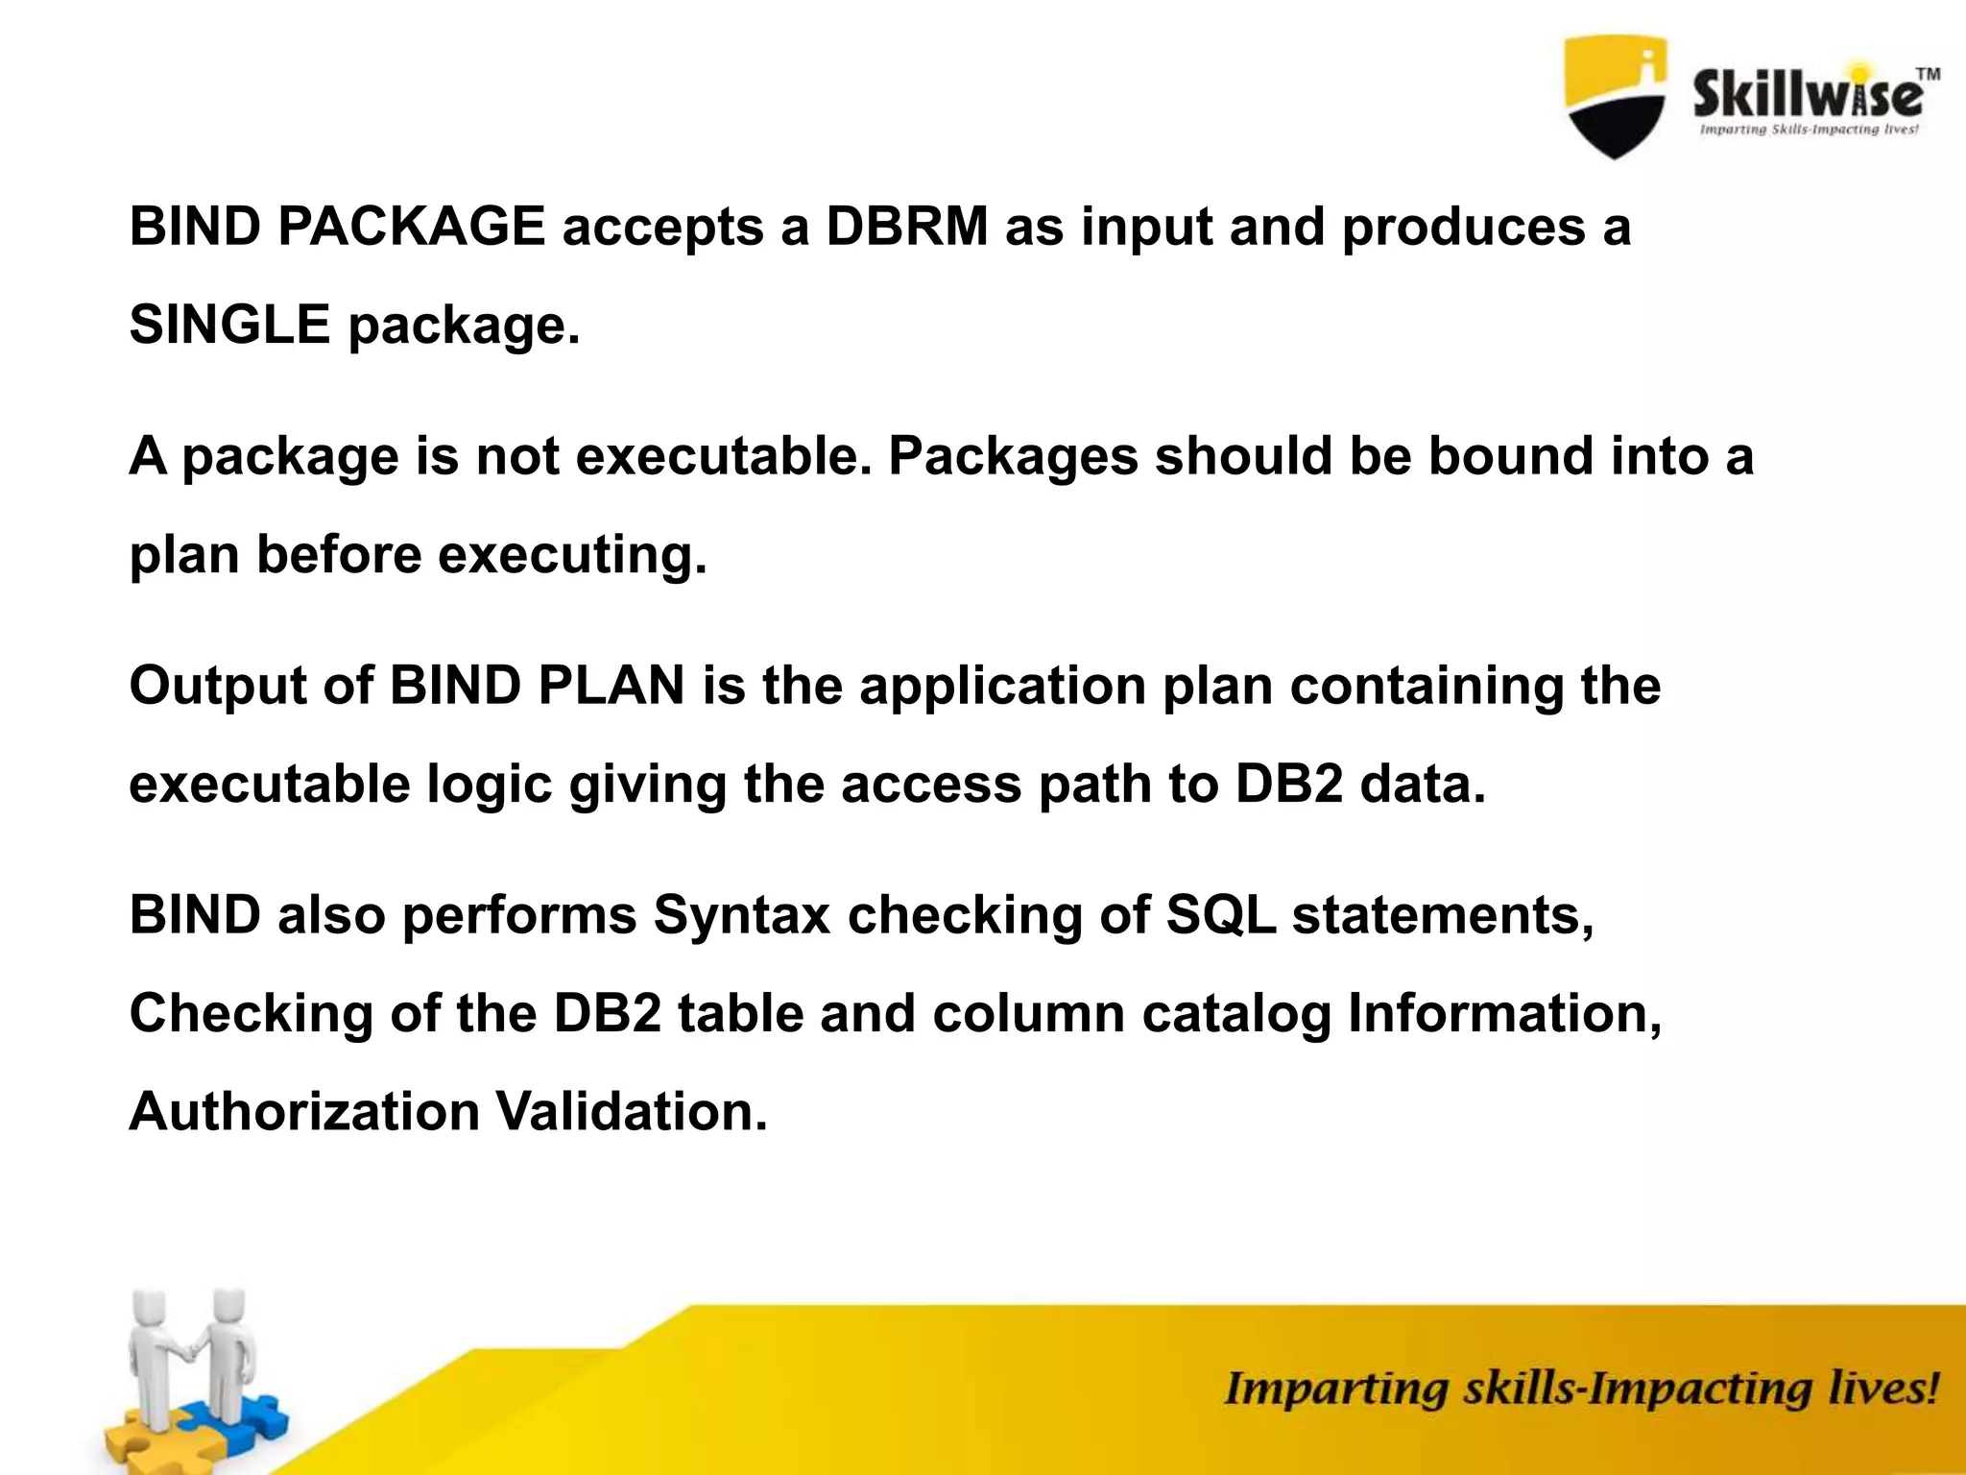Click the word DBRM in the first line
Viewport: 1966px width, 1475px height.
pos(906,229)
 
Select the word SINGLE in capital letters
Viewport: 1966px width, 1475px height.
pos(229,325)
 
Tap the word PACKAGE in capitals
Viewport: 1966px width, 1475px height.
pos(411,229)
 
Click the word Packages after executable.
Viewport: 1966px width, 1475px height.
pos(1013,456)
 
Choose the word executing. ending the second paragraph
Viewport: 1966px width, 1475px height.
pos(572,555)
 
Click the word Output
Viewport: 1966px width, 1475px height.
pos(217,687)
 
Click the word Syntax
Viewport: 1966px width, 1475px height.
pos(741,915)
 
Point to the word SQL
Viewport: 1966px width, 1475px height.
pos(1220,915)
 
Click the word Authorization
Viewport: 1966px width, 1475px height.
pos(303,1112)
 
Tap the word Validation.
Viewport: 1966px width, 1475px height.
pos(632,1112)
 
